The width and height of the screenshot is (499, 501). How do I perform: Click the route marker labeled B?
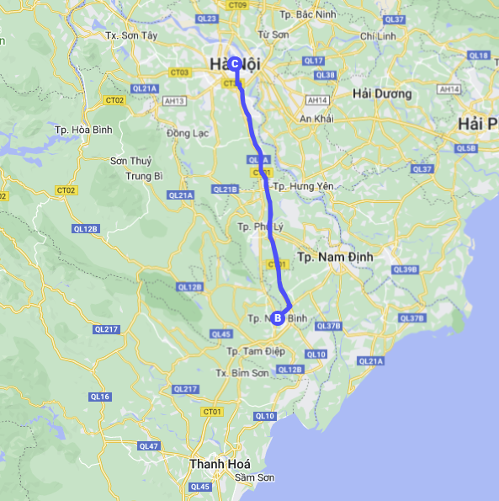tap(278, 317)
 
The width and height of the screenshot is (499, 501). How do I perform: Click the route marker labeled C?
tap(235, 64)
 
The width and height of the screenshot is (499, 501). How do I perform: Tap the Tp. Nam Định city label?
tap(335, 255)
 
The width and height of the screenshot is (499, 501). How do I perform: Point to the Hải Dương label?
tap(382, 93)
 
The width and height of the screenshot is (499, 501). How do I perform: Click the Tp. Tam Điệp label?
tap(250, 349)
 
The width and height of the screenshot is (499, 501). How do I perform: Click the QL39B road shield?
tap(405, 269)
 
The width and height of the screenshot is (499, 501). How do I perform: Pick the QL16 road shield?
tap(100, 396)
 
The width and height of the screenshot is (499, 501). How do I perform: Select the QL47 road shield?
tap(148, 445)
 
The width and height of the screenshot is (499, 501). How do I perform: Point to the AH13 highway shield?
tap(175, 101)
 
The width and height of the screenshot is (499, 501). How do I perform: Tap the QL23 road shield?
tap(209, 18)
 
